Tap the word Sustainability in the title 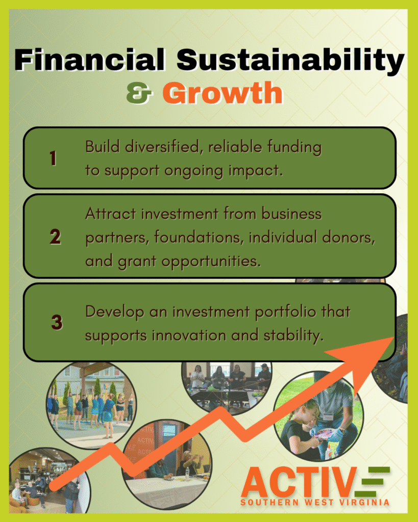[290, 61]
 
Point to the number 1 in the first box [53, 158]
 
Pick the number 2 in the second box [55, 237]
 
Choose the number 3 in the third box [57, 322]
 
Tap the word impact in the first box [255, 171]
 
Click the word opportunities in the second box [211, 262]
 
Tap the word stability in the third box [293, 335]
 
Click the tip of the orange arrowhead [394, 337]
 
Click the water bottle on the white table [188, 472]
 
